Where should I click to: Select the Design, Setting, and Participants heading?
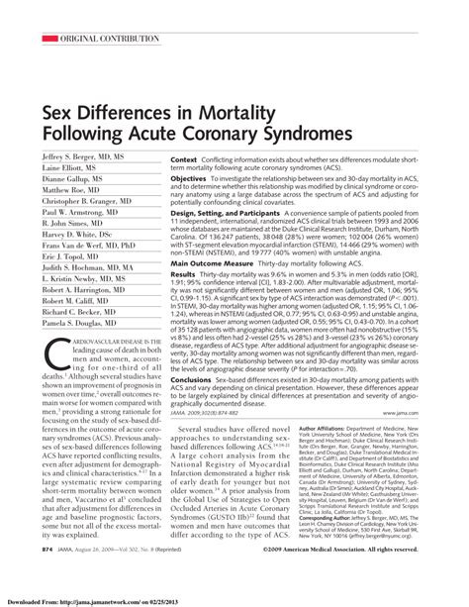coord(234,213)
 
